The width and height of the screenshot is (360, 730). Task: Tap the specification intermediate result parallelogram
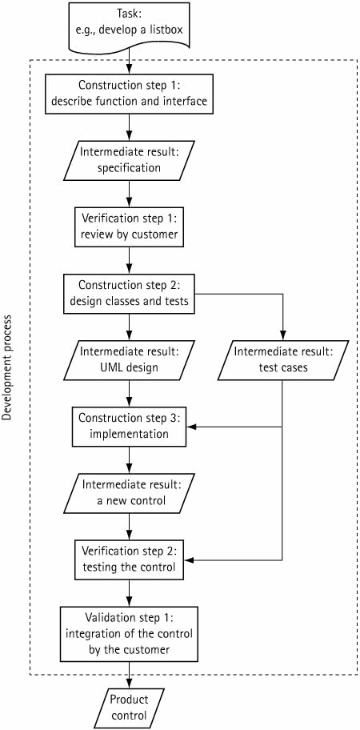[129, 161]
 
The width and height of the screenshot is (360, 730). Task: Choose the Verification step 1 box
[129, 227]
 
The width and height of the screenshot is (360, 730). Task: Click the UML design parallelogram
[129, 360]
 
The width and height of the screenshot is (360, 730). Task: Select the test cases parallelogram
[282, 360]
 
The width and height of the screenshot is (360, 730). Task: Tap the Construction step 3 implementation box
[129, 427]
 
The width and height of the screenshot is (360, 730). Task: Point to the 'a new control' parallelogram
[129, 492]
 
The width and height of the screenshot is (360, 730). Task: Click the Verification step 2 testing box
[129, 560]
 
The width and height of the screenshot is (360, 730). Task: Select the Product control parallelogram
[129, 706]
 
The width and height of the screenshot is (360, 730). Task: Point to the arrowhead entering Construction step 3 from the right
[190, 427]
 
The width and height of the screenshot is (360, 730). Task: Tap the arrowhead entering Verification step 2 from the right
[190, 560]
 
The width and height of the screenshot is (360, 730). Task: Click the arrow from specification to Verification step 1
[129, 195]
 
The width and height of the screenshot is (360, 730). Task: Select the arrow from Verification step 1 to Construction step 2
[129, 261]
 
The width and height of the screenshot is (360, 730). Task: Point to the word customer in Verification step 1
[156, 235]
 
